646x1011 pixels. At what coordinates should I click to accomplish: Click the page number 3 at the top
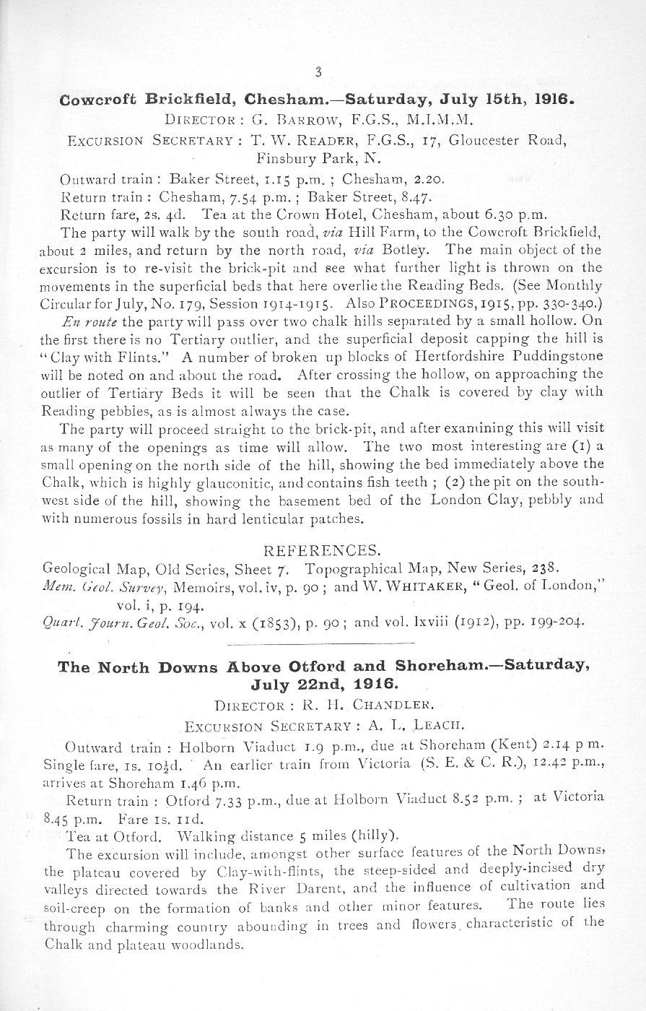coord(318,71)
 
